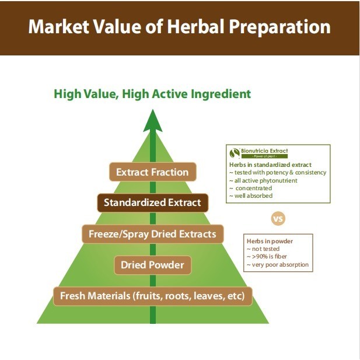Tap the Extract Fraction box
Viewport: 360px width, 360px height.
tap(153, 172)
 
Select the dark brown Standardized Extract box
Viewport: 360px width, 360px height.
tap(153, 202)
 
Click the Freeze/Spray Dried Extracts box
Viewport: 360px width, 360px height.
tap(153, 234)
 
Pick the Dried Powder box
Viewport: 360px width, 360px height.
tap(153, 265)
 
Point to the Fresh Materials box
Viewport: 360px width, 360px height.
tap(153, 296)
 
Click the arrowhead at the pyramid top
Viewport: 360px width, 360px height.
tap(153, 121)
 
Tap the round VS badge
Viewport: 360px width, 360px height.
tap(278, 218)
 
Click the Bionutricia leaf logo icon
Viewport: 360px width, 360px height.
tap(235, 153)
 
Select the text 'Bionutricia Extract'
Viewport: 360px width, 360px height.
tap(264, 151)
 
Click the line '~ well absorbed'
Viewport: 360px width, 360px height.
tap(251, 195)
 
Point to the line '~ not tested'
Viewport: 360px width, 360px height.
tap(263, 249)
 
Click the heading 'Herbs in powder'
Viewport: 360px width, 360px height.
tap(270, 241)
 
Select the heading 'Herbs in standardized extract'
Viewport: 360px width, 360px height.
tap(270, 165)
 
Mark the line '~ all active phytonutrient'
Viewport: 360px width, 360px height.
tap(263, 180)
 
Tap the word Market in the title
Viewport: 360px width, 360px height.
tap(59, 26)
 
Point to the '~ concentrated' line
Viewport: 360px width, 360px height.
tap(251, 188)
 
